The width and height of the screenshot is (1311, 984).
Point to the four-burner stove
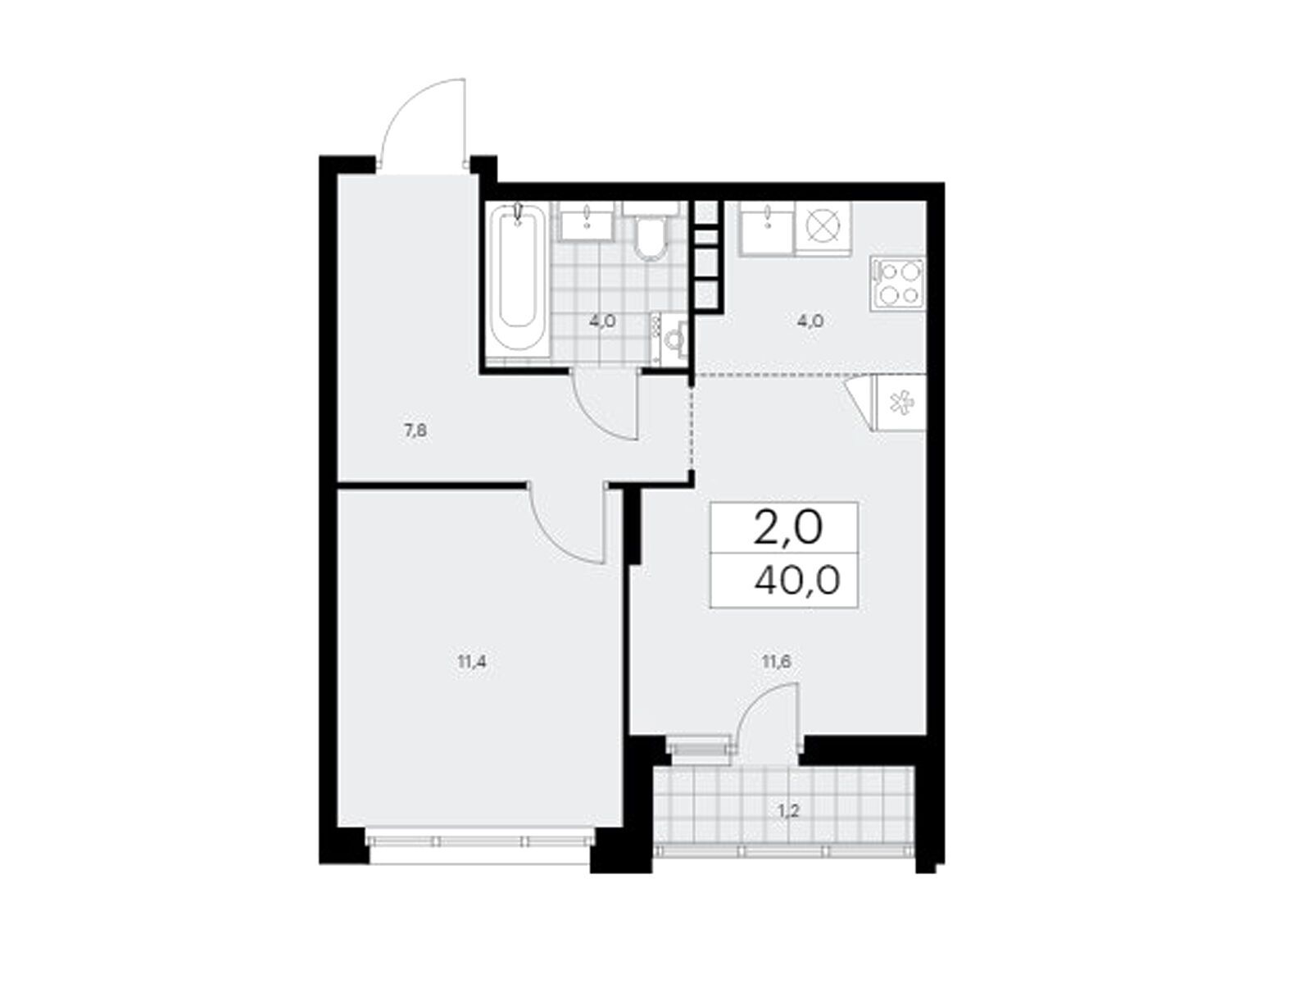pyautogui.click(x=897, y=283)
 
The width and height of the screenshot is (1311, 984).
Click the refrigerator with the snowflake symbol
pyautogui.click(x=898, y=402)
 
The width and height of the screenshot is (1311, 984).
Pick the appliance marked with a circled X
pyautogui.click(x=823, y=229)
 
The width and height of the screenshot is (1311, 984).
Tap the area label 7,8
pyautogui.click(x=415, y=430)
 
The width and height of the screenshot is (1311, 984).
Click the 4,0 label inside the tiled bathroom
pyautogui.click(x=602, y=321)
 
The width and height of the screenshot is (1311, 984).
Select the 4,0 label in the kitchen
pyautogui.click(x=810, y=321)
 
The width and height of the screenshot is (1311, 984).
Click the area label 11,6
pyautogui.click(x=777, y=662)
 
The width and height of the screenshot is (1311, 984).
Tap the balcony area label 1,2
pyautogui.click(x=788, y=811)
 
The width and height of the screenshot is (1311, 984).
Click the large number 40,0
pyautogui.click(x=796, y=580)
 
